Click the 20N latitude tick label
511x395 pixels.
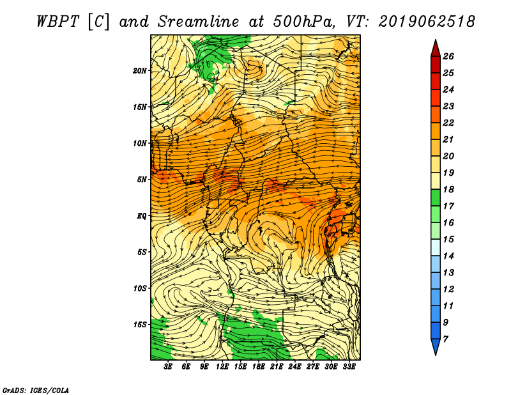tap(140, 71)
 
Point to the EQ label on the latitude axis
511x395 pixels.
tap(142, 216)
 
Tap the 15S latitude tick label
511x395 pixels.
tap(140, 325)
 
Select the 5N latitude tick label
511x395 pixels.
tap(142, 180)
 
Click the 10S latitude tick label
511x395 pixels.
tap(140, 288)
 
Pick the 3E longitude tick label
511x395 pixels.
tap(168, 367)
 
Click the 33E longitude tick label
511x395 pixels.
tap(349, 367)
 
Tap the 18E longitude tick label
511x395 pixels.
tap(259, 367)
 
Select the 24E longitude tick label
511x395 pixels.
tap(294, 367)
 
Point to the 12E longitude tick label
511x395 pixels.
tap(222, 367)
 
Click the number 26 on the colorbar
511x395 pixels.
tap(448, 56)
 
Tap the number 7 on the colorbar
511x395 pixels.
tap(445, 339)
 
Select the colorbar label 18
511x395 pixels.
tap(448, 189)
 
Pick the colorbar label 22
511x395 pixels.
tap(448, 123)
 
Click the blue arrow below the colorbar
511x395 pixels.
tap(436, 346)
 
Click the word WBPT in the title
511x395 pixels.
tap(58, 22)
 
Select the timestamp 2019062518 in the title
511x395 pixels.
tap(427, 22)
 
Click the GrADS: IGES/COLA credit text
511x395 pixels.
tap(36, 391)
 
